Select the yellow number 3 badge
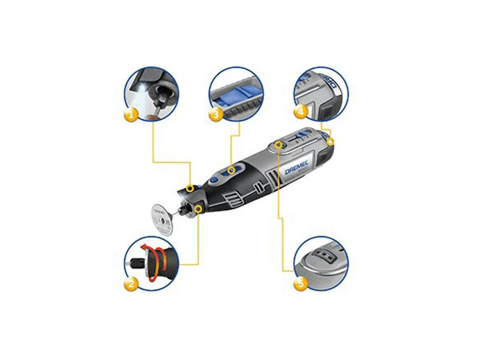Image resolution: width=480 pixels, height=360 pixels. pos(214,113)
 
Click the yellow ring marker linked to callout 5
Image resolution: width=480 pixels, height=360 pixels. pos(277,145)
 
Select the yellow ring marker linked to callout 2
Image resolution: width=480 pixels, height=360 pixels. pos(197,207)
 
